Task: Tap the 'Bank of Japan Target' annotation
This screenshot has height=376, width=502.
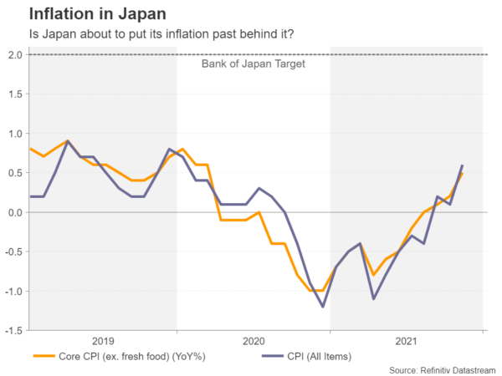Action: click(x=254, y=64)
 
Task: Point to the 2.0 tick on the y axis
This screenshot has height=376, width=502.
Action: click(x=16, y=54)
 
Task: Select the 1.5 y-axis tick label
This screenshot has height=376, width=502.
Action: click(x=16, y=94)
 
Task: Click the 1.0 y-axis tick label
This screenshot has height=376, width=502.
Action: click(x=16, y=134)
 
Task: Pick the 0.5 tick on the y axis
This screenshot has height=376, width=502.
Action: click(x=16, y=173)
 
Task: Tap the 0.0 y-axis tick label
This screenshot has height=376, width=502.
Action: click(x=16, y=212)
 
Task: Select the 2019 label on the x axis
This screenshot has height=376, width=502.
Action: click(x=102, y=341)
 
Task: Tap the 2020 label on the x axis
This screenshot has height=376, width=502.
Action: click(x=254, y=341)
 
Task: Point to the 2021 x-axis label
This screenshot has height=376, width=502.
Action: click(x=407, y=341)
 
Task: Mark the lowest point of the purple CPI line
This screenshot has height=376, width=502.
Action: click(x=322, y=307)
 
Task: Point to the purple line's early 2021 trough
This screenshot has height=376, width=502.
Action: click(x=373, y=298)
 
